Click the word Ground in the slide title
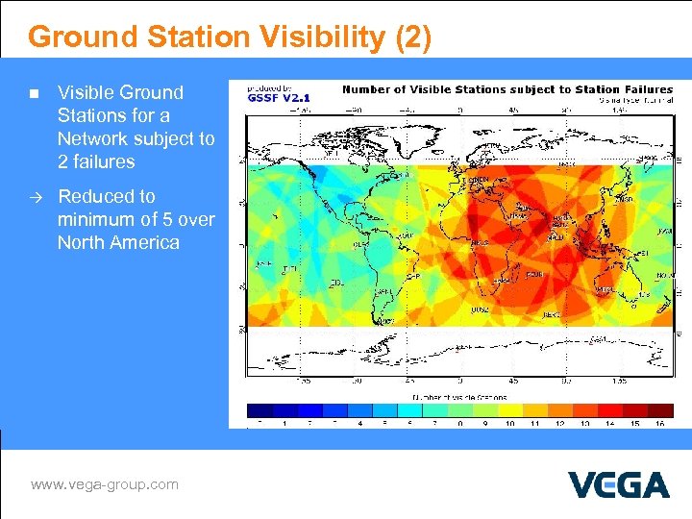(x=85, y=37)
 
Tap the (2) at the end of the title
(x=412, y=37)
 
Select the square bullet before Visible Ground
(x=33, y=94)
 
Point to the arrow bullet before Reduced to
(x=33, y=197)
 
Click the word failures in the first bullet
(x=96, y=161)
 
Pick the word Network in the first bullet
(x=93, y=138)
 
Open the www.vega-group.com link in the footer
(x=104, y=484)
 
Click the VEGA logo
(x=618, y=483)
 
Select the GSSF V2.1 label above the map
(x=279, y=97)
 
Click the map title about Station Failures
(x=507, y=89)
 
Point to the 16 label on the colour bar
(x=659, y=423)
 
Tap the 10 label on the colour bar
(x=509, y=423)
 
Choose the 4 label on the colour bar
(x=359, y=423)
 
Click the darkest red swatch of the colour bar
(x=659, y=409)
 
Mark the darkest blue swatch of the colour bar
(x=259, y=409)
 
